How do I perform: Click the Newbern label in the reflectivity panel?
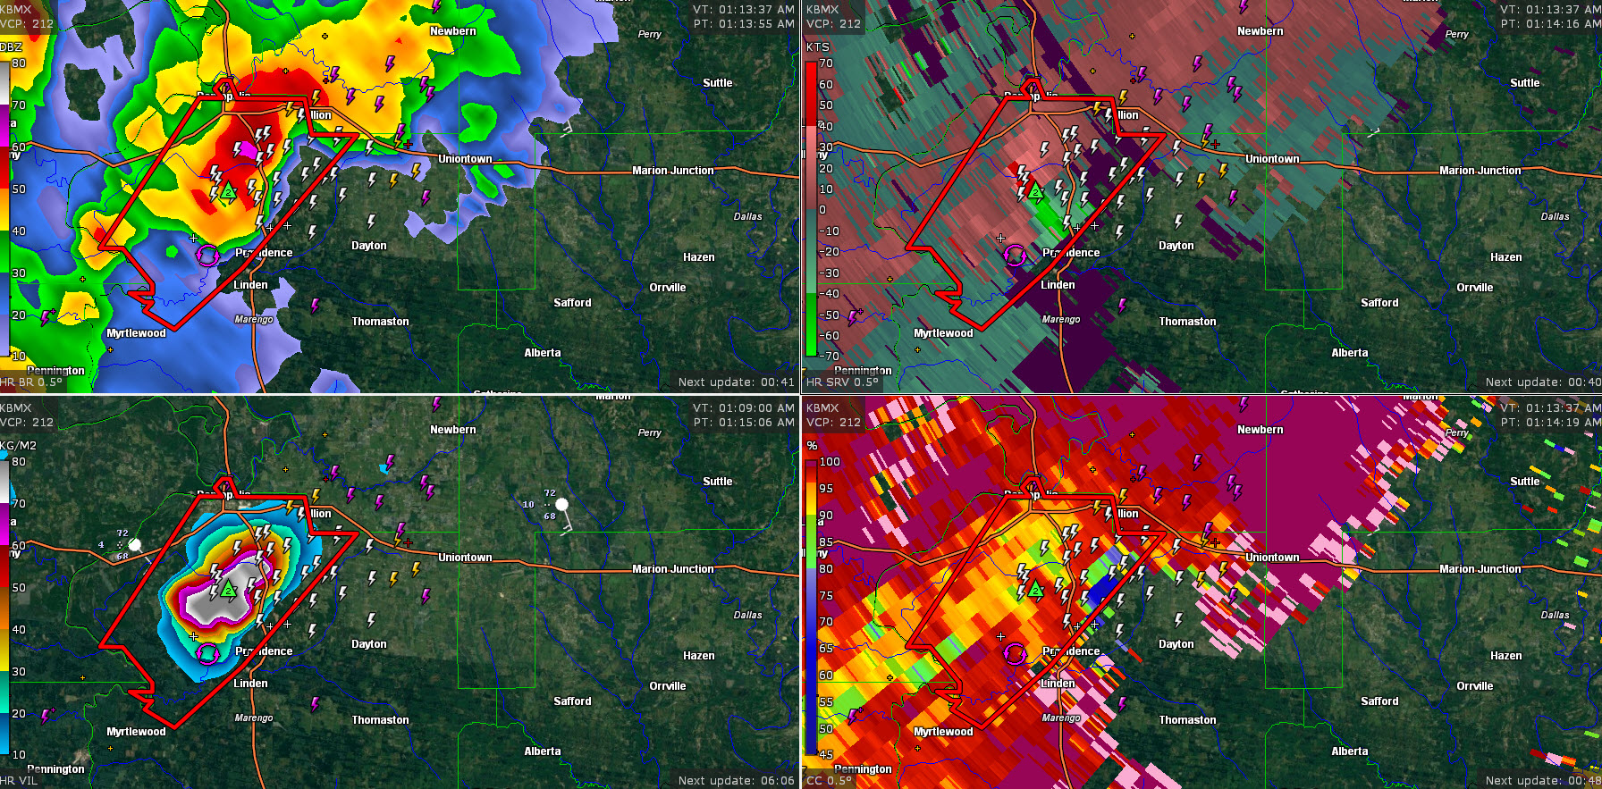(452, 31)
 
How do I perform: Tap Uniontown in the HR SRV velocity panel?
(1272, 159)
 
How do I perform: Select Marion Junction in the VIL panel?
(672, 569)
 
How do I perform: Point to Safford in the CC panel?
(1379, 701)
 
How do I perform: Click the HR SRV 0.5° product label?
(842, 382)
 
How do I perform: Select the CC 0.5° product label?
(829, 781)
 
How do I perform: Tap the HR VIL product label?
(20, 781)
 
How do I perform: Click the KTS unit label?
(817, 47)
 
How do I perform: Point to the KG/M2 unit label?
(18, 446)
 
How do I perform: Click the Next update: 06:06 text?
(736, 781)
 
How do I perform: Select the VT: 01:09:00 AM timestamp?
(743, 408)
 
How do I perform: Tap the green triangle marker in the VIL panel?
(229, 590)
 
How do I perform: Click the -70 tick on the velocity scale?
(831, 357)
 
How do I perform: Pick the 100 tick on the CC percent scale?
(830, 462)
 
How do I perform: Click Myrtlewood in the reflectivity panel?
(136, 333)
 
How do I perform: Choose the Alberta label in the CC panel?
(1349, 751)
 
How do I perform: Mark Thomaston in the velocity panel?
(1187, 322)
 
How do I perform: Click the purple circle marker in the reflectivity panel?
(207, 256)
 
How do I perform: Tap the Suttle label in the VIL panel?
(717, 482)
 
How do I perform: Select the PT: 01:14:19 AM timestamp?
(1550, 423)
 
